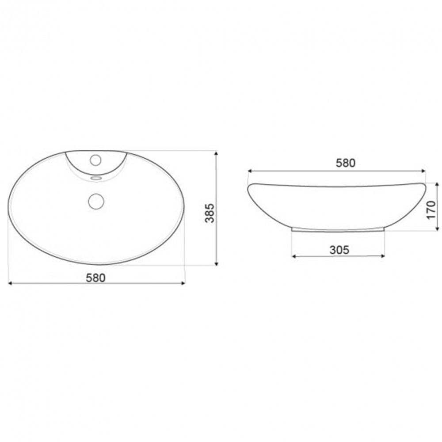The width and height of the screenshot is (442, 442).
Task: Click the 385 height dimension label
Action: [x=210, y=213]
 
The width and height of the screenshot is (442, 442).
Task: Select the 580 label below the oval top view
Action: [x=95, y=278]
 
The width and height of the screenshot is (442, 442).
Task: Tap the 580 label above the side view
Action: [x=345, y=163]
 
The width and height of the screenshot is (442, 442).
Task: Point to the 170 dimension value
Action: [x=431, y=207]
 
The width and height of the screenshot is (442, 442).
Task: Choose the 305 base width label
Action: [x=339, y=250]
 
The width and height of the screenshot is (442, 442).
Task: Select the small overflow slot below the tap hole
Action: [x=96, y=178]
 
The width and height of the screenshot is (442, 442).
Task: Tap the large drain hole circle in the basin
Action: [x=96, y=201]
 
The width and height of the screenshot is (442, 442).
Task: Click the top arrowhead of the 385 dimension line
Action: [x=216, y=153]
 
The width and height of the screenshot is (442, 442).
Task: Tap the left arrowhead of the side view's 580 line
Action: [x=250, y=170]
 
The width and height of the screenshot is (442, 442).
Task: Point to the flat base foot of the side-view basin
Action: [x=339, y=229]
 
